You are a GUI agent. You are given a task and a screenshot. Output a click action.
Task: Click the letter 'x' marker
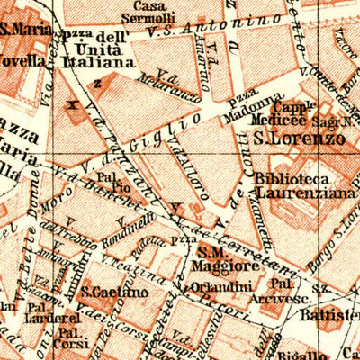72,103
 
